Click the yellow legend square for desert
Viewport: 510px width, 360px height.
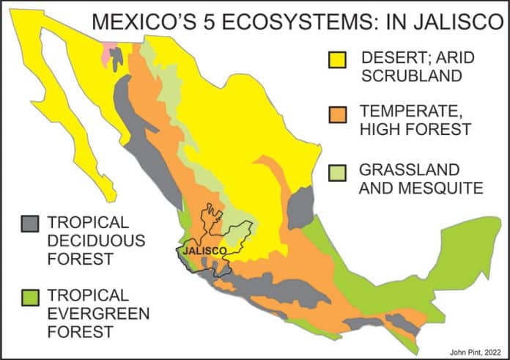tap(339, 58)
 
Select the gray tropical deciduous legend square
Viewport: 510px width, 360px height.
tap(29, 224)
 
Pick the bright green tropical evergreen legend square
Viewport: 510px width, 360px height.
tap(29, 297)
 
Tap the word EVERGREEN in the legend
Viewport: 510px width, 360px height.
tap(98, 315)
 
